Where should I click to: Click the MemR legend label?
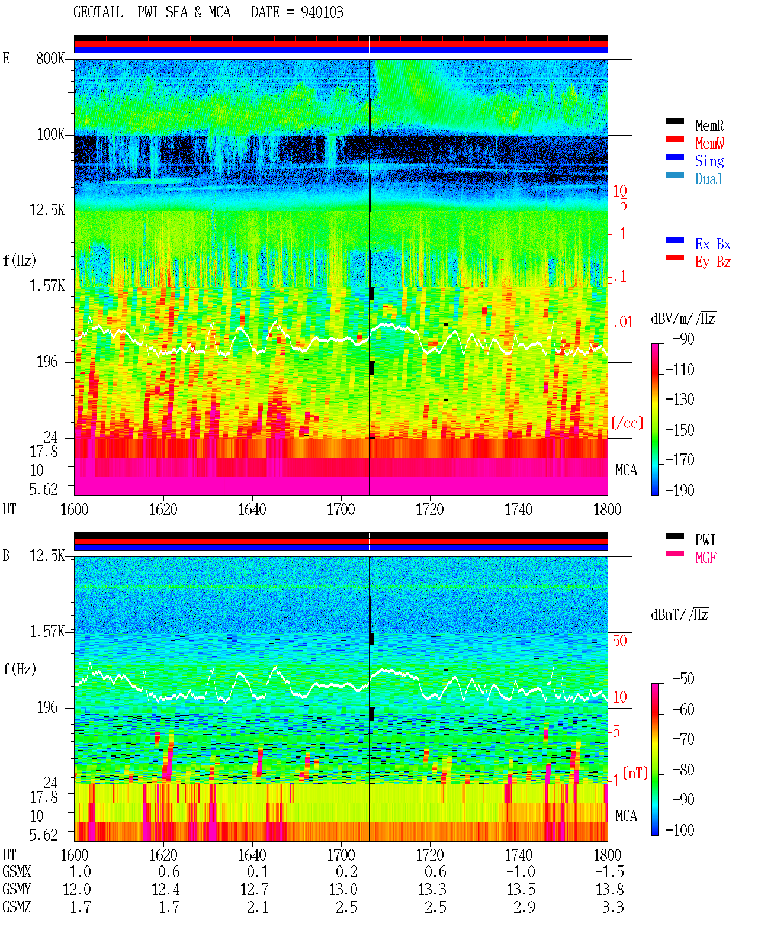[709, 125]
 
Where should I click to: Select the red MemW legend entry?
[709, 143]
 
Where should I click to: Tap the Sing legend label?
[709, 161]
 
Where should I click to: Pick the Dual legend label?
[708, 179]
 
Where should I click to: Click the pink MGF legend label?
[705, 558]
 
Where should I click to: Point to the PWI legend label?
[705, 539]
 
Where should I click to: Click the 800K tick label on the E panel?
[50, 58]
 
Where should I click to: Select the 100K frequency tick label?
[50, 134]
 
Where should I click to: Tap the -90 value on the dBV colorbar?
[683, 339]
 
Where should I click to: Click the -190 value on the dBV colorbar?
[680, 490]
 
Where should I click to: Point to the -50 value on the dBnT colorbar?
[683, 679]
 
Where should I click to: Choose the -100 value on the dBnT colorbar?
[680, 830]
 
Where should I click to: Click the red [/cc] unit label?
[627, 423]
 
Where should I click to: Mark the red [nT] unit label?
[635, 773]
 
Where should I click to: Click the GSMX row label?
[17, 871]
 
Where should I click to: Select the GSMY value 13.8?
[610, 890]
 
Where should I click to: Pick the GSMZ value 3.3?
[614, 907]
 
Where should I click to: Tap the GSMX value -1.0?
[521, 871]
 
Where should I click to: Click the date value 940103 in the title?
[322, 12]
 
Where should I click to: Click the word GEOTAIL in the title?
[98, 12]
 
